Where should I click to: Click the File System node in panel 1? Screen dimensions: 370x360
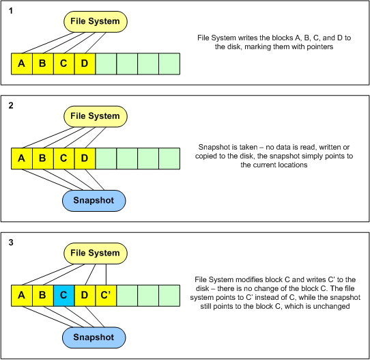click(x=96, y=21)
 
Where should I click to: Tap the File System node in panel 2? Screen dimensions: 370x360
click(x=96, y=116)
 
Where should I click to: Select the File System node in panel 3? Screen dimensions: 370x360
click(x=96, y=253)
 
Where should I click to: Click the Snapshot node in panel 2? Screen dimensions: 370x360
click(x=94, y=201)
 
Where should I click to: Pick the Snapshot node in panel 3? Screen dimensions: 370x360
click(x=94, y=337)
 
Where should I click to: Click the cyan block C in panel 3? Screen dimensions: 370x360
click(x=64, y=296)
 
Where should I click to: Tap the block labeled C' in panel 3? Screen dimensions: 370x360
click(x=106, y=296)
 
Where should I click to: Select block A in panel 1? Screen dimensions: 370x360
click(x=22, y=64)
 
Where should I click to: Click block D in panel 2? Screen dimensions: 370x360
click(x=85, y=158)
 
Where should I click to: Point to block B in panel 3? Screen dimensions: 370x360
click(x=43, y=296)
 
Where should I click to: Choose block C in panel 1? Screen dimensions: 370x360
click(x=64, y=64)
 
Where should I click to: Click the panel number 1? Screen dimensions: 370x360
click(x=11, y=11)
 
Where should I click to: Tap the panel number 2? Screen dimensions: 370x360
click(x=11, y=105)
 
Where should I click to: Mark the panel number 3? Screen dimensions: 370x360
click(x=11, y=243)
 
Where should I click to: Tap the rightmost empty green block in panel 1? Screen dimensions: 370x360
click(x=169, y=64)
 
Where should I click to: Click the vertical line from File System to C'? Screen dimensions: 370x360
click(x=106, y=275)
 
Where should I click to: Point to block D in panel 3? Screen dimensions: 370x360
click(x=85, y=296)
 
